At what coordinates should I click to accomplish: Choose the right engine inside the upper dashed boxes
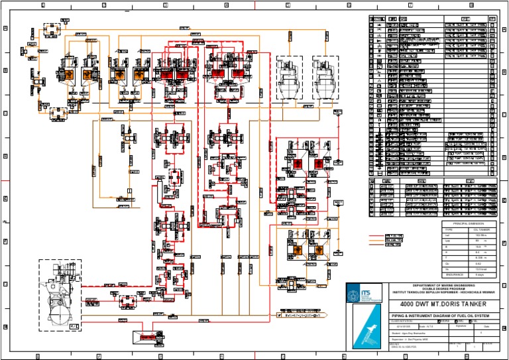[x=326, y=78]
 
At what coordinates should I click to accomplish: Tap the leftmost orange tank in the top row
[x=68, y=75]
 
